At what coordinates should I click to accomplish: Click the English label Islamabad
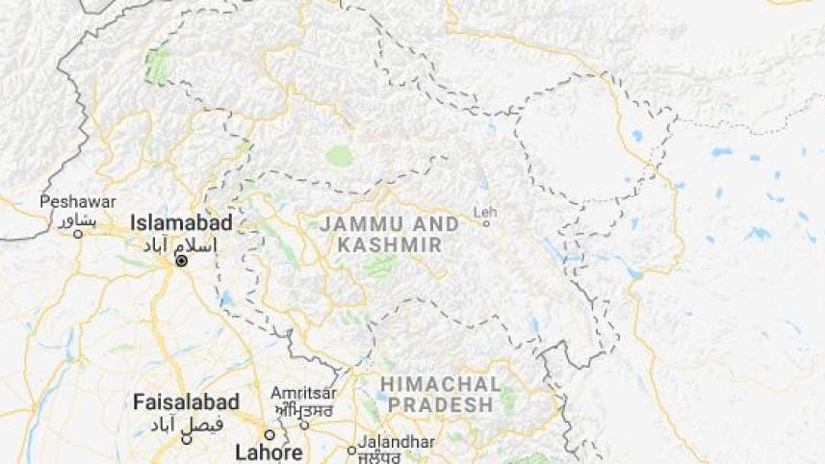click(181, 223)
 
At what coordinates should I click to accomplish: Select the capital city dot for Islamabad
click(181, 261)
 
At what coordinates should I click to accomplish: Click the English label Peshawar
click(78, 202)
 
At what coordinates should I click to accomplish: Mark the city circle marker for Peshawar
click(79, 233)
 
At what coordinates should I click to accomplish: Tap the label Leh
click(486, 211)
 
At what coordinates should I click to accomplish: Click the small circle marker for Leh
click(486, 223)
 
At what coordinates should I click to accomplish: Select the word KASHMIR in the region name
click(389, 245)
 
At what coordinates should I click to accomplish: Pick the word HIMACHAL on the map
click(440, 384)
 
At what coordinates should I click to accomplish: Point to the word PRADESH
click(439, 405)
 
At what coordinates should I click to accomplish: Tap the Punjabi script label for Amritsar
click(304, 409)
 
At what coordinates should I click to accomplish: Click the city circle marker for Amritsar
click(304, 424)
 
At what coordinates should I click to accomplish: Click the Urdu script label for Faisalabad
click(186, 424)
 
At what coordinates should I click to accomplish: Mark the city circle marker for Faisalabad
click(187, 439)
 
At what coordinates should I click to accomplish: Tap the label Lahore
click(271, 451)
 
